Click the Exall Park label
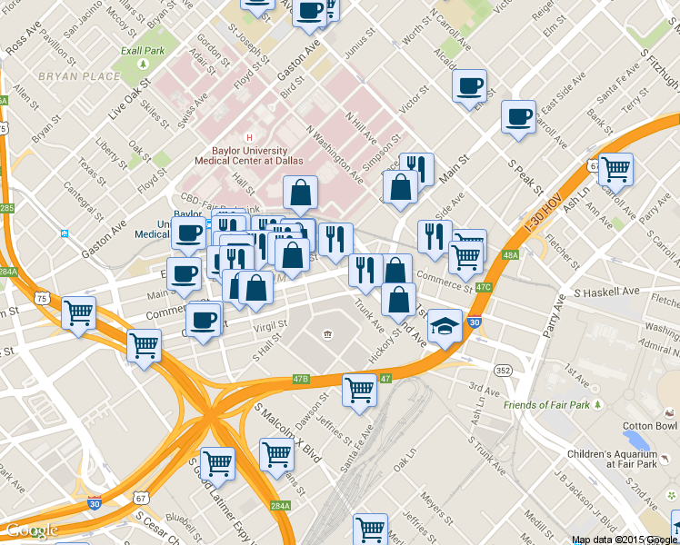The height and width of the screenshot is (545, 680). click(143, 52)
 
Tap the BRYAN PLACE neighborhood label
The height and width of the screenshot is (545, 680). click(79, 76)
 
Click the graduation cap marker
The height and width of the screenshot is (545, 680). click(444, 326)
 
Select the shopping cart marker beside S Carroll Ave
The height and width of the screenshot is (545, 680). click(615, 169)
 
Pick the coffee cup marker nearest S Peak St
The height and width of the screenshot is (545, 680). click(518, 118)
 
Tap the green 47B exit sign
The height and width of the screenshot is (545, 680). click(301, 378)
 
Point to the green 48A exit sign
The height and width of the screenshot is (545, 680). click(510, 256)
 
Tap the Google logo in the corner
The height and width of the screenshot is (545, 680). click(31, 530)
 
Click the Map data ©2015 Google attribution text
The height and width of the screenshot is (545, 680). click(625, 540)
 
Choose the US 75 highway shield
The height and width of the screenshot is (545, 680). click(42, 298)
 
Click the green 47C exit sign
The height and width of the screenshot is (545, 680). click(484, 288)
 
